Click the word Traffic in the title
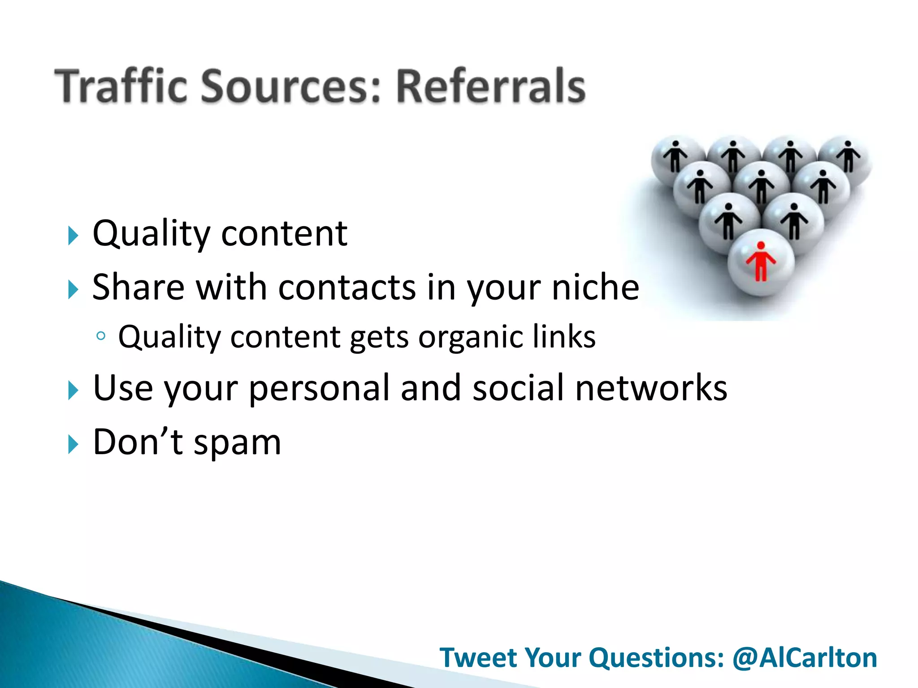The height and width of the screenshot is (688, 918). tap(121, 86)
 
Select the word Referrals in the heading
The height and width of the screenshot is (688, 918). tap(490, 86)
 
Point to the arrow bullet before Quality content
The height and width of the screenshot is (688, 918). tap(73, 236)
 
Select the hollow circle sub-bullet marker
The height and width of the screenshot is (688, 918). tap(101, 336)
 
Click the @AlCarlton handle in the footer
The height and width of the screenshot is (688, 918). tap(805, 658)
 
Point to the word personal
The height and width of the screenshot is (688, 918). tap(319, 388)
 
